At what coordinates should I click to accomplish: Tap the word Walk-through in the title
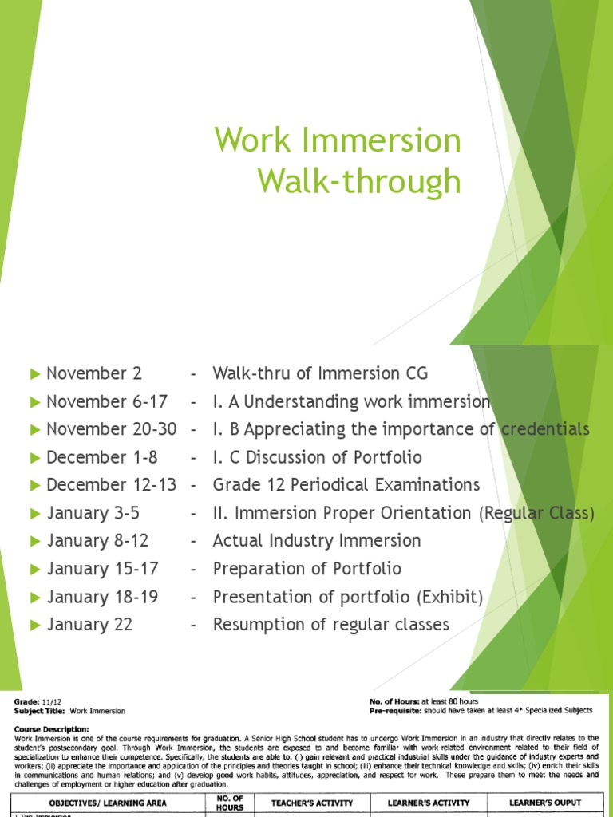[x=358, y=181]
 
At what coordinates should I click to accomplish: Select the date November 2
[x=88, y=373]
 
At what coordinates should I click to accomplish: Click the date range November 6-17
[x=107, y=401]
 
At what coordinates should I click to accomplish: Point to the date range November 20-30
[x=112, y=429]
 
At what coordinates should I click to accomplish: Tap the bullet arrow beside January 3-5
[x=34, y=513]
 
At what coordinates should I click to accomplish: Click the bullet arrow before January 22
[x=34, y=625]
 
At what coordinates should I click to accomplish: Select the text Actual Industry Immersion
[x=316, y=541]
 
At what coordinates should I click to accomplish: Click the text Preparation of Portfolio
[x=306, y=569]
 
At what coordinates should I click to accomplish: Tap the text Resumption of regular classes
[x=330, y=625]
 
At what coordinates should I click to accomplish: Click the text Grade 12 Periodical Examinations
[x=346, y=485]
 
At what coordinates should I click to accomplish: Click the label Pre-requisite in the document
[x=390, y=710]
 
